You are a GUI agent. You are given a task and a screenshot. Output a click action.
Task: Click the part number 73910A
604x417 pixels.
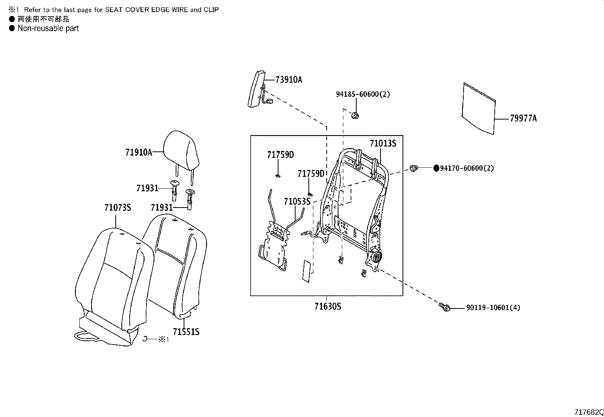click(x=289, y=80)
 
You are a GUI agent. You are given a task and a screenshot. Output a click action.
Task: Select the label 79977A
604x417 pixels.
click(x=523, y=119)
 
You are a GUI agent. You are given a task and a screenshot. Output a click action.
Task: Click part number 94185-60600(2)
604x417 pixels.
click(x=363, y=94)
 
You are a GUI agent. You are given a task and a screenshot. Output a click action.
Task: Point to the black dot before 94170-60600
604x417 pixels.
click(x=436, y=168)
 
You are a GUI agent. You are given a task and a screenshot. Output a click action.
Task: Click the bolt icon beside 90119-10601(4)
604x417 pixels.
click(x=445, y=307)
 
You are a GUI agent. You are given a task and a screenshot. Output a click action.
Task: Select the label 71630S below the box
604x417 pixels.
click(x=327, y=306)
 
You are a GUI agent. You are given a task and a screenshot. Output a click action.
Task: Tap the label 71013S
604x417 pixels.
click(x=383, y=143)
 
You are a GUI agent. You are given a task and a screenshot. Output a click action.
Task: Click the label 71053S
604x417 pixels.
click(x=297, y=201)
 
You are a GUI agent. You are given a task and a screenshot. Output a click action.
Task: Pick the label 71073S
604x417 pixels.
click(x=118, y=208)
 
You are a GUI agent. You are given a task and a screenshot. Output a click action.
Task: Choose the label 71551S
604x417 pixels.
click(x=186, y=332)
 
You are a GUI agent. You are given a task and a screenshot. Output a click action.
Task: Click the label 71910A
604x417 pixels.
click(x=138, y=153)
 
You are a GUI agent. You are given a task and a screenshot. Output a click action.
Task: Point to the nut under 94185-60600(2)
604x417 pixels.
click(x=355, y=115)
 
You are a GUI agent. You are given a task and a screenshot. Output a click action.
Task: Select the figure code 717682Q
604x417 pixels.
click(x=588, y=412)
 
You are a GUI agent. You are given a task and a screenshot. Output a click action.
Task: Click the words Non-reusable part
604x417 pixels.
click(x=48, y=28)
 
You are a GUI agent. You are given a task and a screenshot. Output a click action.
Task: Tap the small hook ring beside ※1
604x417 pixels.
click(x=145, y=338)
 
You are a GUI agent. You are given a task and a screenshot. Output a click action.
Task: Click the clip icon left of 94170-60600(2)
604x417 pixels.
click(x=414, y=168)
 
